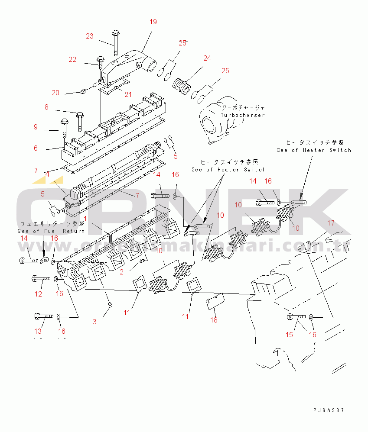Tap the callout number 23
(x=89, y=36)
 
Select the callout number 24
(x=207, y=58)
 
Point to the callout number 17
(x=330, y=223)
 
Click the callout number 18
(x=214, y=320)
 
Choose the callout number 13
(x=38, y=331)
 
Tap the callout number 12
(x=38, y=294)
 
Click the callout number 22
(x=72, y=60)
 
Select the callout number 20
(x=55, y=93)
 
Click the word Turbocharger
(x=242, y=115)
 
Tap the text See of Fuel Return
(x=51, y=231)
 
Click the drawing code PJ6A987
(x=330, y=410)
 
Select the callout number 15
(x=289, y=335)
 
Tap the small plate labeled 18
(x=214, y=302)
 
